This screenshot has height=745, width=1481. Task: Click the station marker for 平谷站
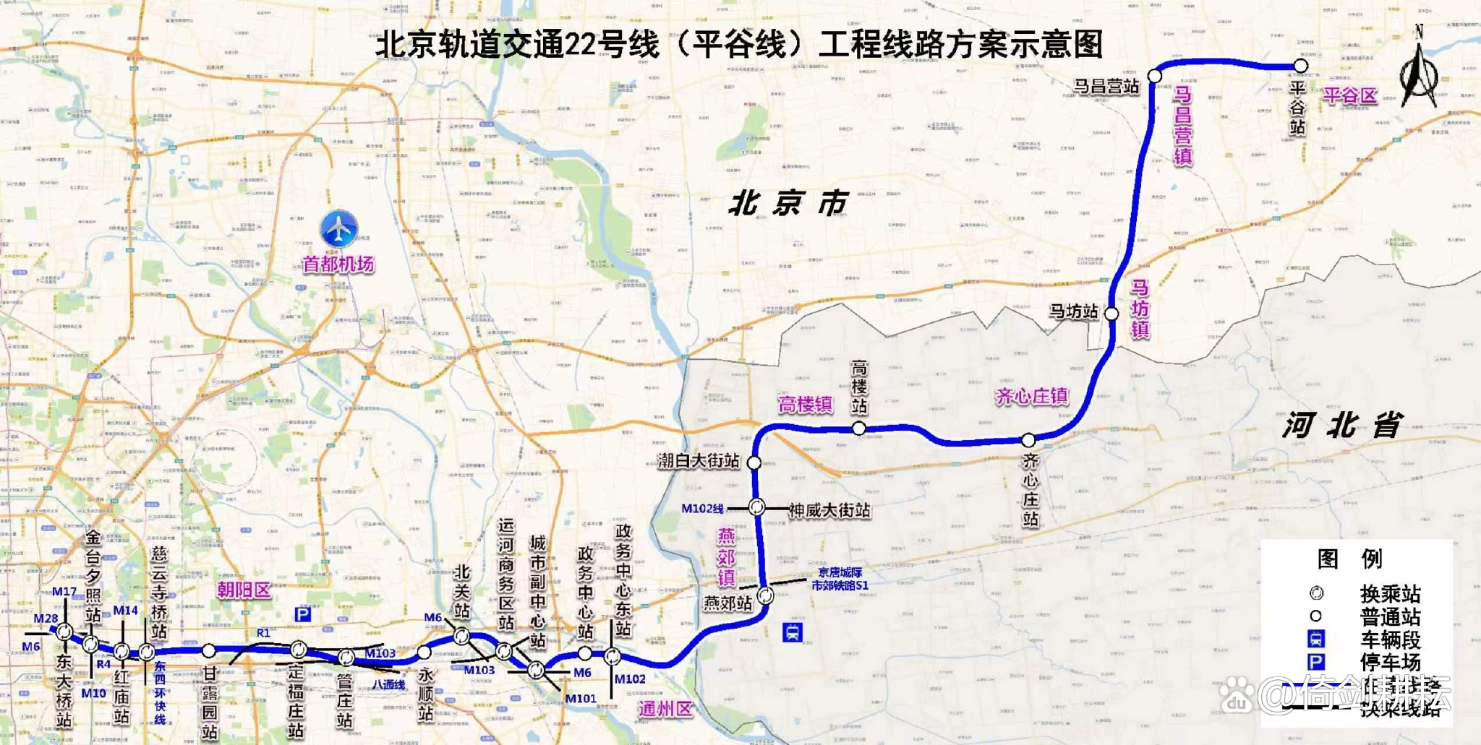(x=1300, y=66)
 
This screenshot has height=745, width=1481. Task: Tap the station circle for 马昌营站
(x=1155, y=76)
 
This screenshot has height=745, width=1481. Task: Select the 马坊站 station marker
(x=1111, y=314)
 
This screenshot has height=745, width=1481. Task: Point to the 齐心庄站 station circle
(x=1028, y=440)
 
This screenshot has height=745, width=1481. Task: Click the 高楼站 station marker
(x=858, y=429)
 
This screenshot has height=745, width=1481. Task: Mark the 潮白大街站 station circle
(x=754, y=462)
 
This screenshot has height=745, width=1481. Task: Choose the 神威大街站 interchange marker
(x=756, y=507)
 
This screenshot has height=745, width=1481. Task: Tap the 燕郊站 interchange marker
(x=765, y=596)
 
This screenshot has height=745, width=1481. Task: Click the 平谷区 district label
(x=1350, y=95)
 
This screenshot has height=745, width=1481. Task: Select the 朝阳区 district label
(x=244, y=590)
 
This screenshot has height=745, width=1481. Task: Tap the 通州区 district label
(x=665, y=709)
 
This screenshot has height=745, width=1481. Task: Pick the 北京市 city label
(x=788, y=204)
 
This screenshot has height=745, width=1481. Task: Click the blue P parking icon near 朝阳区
(x=303, y=614)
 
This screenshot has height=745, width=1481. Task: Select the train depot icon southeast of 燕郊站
(x=792, y=633)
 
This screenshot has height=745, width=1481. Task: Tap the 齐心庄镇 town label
(x=1032, y=396)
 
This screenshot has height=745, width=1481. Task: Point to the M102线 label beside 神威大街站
(x=702, y=509)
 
